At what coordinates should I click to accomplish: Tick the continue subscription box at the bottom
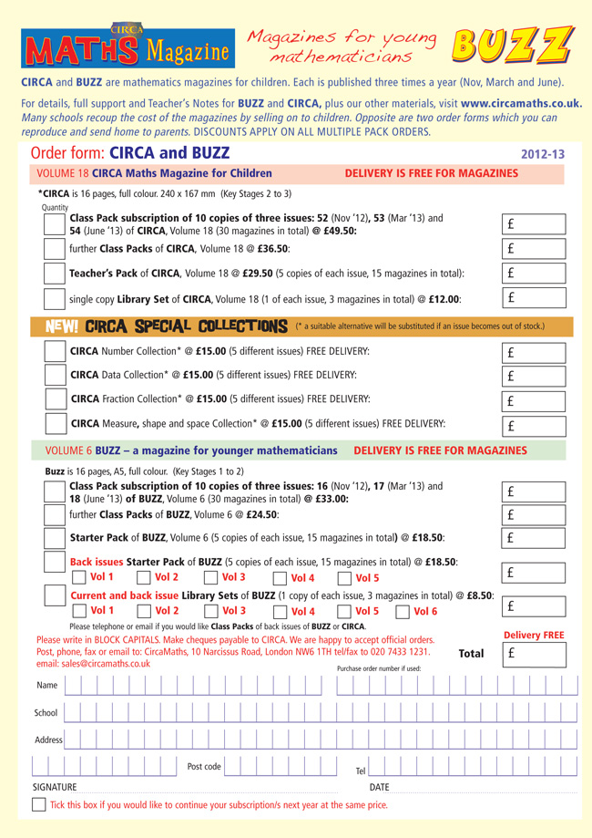tap(39, 804)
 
